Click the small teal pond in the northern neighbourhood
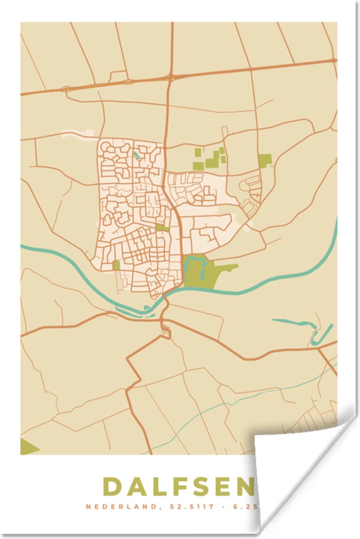tap(136, 156)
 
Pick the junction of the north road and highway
tap(171, 77)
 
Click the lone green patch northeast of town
tap(265, 160)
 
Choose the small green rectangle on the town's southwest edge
tap(116, 265)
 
